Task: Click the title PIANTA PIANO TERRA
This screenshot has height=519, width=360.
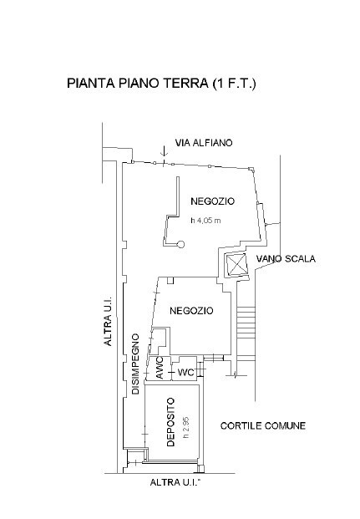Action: (x=137, y=83)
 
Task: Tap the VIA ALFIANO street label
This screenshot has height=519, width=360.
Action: (x=204, y=143)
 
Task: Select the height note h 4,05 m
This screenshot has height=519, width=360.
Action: (x=205, y=220)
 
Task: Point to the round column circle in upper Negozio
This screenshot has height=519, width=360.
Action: (x=180, y=245)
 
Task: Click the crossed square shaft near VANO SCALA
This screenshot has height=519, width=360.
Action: (x=236, y=264)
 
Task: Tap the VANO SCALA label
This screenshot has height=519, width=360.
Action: (x=286, y=258)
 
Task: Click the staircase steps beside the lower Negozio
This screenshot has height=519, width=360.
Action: (x=246, y=334)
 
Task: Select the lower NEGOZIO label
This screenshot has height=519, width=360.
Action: (x=191, y=311)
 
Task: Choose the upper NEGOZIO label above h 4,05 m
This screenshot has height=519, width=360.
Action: (x=212, y=201)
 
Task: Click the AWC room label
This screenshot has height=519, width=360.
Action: (x=160, y=368)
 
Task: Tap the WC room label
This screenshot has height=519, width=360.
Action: (x=186, y=373)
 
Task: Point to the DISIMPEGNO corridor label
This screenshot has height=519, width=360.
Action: (x=135, y=364)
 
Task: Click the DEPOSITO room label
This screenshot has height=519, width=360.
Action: (x=170, y=422)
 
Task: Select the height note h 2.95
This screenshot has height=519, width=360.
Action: (x=186, y=427)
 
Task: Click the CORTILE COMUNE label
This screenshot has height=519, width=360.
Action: (x=263, y=425)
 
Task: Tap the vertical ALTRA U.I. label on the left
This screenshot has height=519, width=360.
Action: (x=109, y=321)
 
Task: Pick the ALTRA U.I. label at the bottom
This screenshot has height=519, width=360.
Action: (x=175, y=482)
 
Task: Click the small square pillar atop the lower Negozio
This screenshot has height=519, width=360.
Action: (x=170, y=280)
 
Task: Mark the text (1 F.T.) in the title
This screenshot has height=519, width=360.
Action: (x=234, y=83)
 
